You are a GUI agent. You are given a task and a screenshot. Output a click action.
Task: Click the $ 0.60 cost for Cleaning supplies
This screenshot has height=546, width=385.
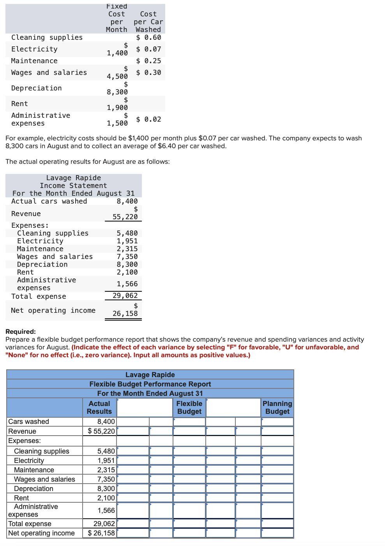click(x=148, y=37)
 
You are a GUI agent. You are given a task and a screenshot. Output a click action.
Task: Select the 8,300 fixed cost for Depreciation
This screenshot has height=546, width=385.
click(x=117, y=92)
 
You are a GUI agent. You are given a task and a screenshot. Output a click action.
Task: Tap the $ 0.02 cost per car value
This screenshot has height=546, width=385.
click(x=148, y=119)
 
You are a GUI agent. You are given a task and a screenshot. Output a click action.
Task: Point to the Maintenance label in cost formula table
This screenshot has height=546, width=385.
click(x=34, y=61)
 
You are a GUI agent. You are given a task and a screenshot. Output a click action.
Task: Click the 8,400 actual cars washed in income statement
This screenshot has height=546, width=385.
click(x=127, y=201)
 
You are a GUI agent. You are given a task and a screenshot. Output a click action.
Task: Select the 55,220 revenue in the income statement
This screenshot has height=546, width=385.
click(x=125, y=217)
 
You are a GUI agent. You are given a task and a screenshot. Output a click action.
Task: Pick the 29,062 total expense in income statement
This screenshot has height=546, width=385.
click(x=125, y=296)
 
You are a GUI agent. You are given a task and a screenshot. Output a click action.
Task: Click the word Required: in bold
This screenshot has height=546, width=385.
click(x=21, y=331)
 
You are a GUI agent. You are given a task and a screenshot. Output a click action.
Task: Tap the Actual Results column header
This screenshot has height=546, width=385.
click(x=99, y=408)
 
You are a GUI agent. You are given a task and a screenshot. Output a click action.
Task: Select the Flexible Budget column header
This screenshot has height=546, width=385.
click(x=189, y=408)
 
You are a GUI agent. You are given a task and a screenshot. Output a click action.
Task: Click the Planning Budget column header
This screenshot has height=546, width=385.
click(x=277, y=408)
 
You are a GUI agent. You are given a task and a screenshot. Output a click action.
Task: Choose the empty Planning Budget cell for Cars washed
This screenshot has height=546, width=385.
click(x=277, y=422)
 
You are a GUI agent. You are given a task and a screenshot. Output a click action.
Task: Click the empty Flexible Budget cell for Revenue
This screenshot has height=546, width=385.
click(x=189, y=431)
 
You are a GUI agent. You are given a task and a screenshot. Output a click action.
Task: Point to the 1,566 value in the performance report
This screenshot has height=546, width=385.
click(x=106, y=511)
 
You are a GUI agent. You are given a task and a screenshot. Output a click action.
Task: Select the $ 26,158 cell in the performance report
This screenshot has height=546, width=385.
click(x=101, y=533)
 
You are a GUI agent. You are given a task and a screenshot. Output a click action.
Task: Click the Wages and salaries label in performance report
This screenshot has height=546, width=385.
click(x=44, y=479)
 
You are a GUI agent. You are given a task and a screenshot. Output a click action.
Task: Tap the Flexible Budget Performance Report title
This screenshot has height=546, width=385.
click(x=150, y=384)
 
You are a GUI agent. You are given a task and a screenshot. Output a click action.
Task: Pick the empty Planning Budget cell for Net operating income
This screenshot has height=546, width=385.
click(x=277, y=533)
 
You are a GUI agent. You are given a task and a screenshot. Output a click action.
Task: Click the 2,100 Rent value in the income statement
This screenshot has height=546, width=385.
click(x=127, y=272)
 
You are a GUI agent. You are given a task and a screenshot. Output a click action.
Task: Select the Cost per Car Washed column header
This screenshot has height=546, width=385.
click(x=148, y=22)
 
